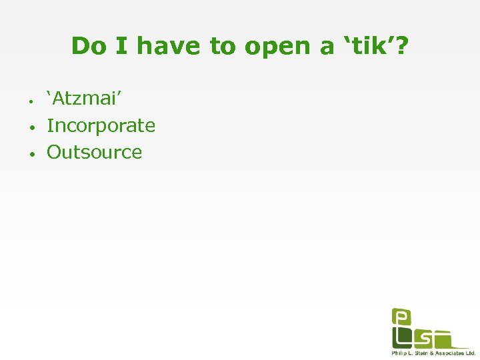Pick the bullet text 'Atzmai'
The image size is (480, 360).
[x=83, y=99]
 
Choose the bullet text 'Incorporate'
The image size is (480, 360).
[x=101, y=125]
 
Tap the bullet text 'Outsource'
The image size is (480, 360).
[x=94, y=152]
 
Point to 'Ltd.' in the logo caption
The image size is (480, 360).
[x=470, y=353]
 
